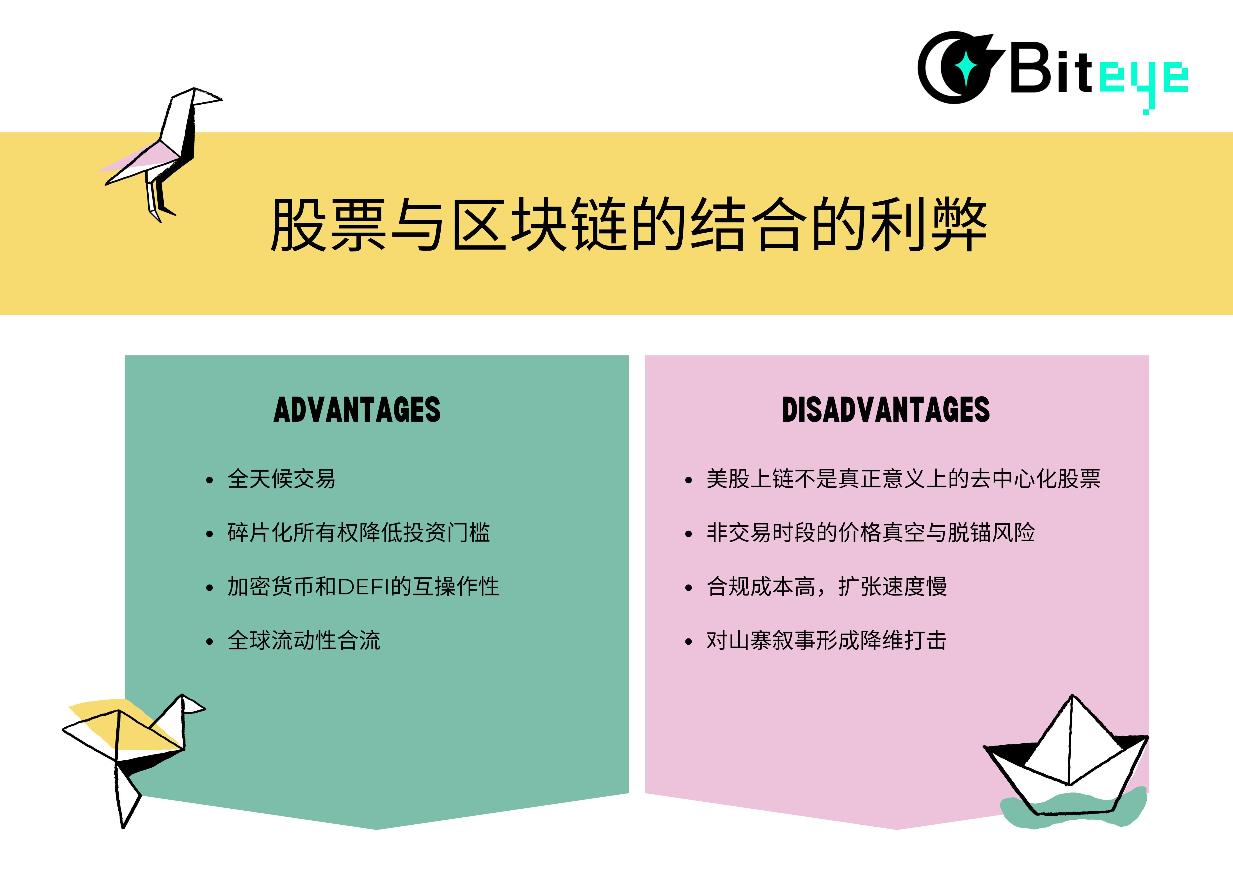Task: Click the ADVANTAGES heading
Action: pos(357,410)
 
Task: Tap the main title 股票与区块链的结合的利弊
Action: pos(628,225)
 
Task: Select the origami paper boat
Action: pos(1066,758)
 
